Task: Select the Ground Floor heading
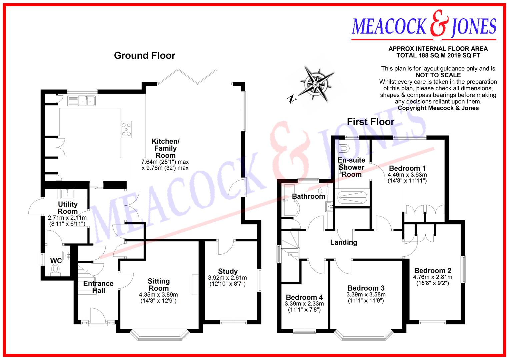144,55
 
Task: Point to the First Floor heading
370,122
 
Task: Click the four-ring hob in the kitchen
126,129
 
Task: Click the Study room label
228,271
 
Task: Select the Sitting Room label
159,285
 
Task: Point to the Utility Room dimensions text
68,221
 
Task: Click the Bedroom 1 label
407,168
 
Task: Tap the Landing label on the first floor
343,242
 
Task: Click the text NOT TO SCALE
438,75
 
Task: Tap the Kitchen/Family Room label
165,148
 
